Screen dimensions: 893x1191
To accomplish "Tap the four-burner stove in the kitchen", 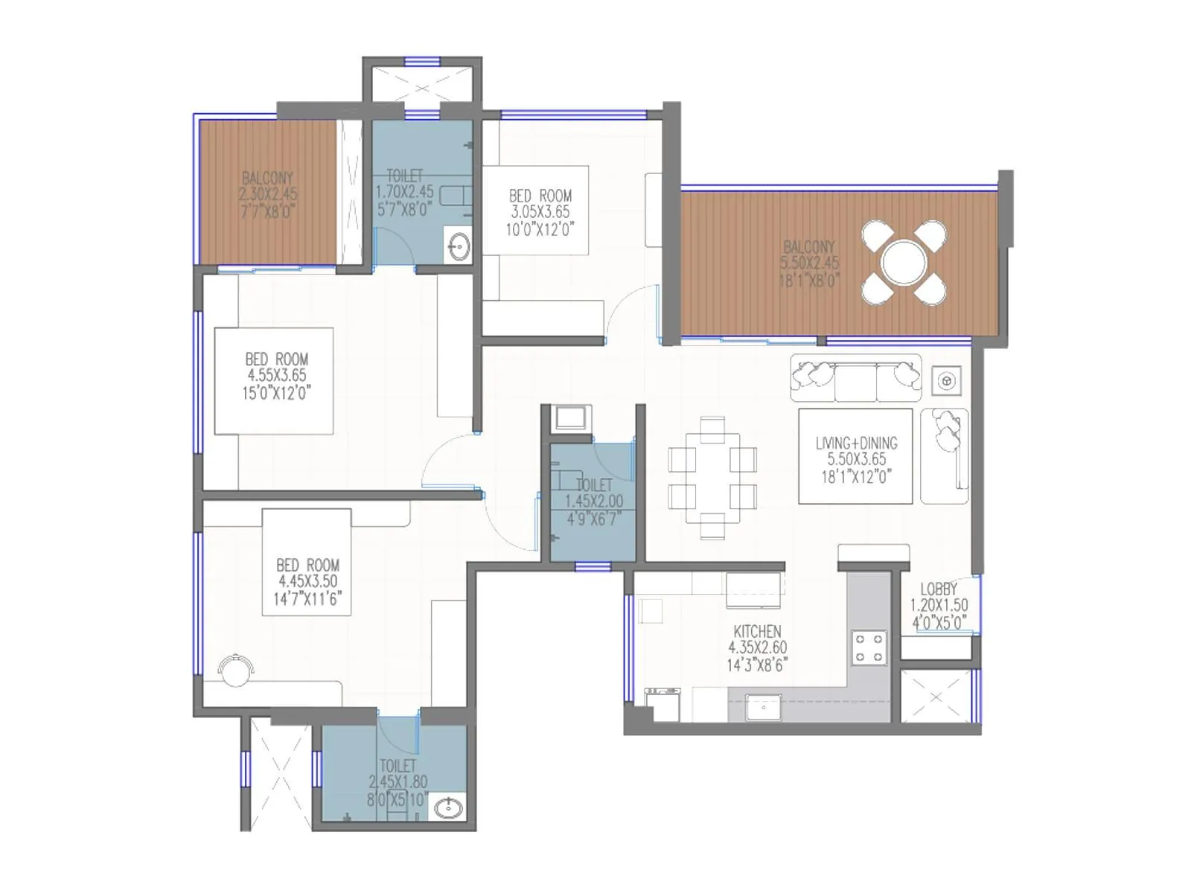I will (869, 647).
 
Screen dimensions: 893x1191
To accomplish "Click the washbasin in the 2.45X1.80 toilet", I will (448, 807).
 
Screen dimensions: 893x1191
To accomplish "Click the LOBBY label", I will (939, 589).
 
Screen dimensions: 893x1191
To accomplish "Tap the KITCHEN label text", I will (757, 632).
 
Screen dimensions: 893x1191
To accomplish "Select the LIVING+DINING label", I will (856, 443).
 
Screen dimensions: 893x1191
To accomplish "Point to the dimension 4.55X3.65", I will (277, 376).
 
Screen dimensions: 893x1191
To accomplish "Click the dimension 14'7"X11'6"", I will (307, 598).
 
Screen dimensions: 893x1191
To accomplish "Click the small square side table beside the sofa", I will (947, 381).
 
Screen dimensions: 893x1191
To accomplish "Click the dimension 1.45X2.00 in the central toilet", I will (593, 502).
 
